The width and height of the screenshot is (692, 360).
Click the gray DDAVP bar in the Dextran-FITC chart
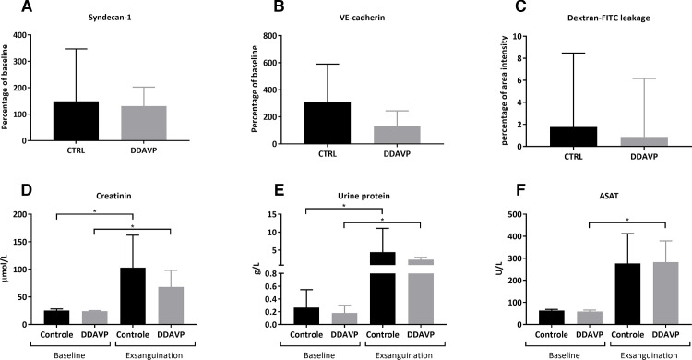(x=605, y=141)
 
